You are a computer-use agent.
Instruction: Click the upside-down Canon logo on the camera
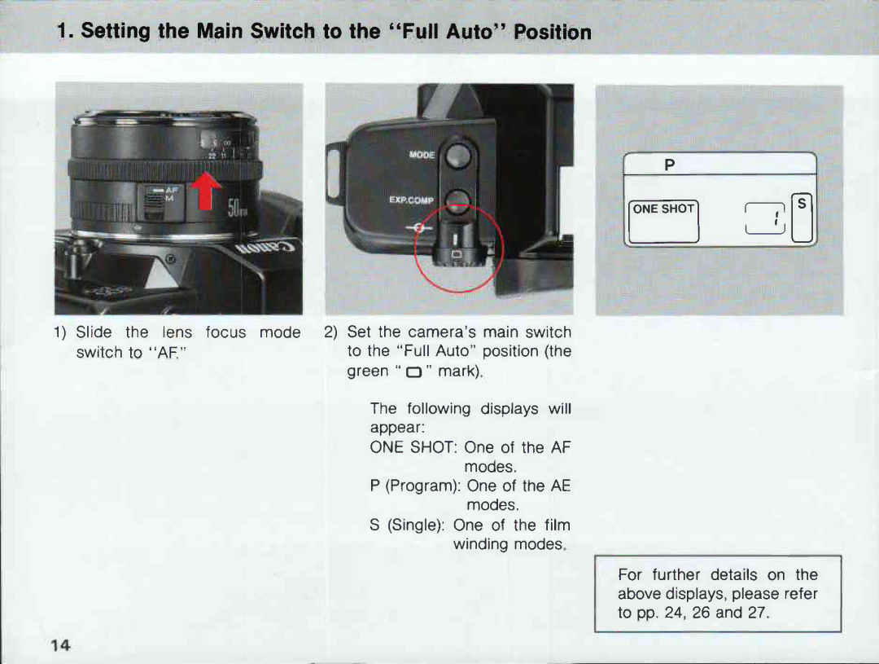[268, 248]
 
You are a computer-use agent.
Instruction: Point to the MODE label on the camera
[422, 154]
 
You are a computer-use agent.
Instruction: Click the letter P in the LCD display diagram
[670, 165]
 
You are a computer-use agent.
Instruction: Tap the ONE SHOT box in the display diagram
[663, 209]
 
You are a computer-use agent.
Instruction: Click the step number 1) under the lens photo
[61, 332]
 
